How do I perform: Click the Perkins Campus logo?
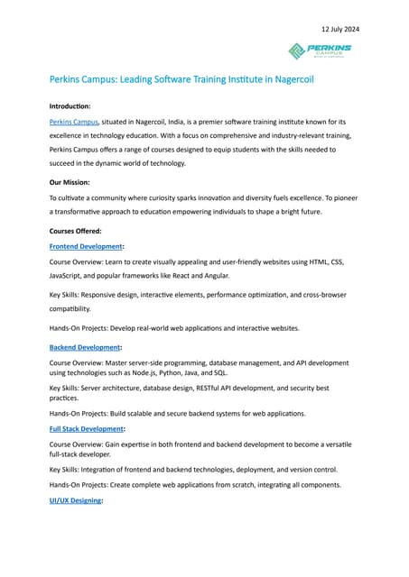tap(321, 50)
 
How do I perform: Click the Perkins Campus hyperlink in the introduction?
tap(72, 121)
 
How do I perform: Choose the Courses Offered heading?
tap(75, 231)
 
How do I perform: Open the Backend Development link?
tap(84, 347)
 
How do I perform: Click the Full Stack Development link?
tap(86, 429)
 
